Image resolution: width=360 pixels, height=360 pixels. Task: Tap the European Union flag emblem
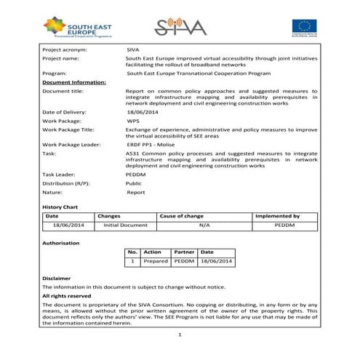303,26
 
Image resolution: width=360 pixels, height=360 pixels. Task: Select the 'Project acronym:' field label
67,49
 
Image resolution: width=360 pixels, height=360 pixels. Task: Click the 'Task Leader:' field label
60,175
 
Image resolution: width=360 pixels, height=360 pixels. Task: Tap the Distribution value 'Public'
135,183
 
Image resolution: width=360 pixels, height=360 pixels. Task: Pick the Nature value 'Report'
136,192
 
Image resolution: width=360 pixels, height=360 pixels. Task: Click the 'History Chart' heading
60,207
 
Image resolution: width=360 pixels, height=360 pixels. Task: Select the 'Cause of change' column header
182,216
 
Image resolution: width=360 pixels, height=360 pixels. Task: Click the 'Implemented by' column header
277,216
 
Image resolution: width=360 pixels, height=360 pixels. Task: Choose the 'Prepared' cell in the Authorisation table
156,260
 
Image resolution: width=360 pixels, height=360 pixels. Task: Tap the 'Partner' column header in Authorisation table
185,252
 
